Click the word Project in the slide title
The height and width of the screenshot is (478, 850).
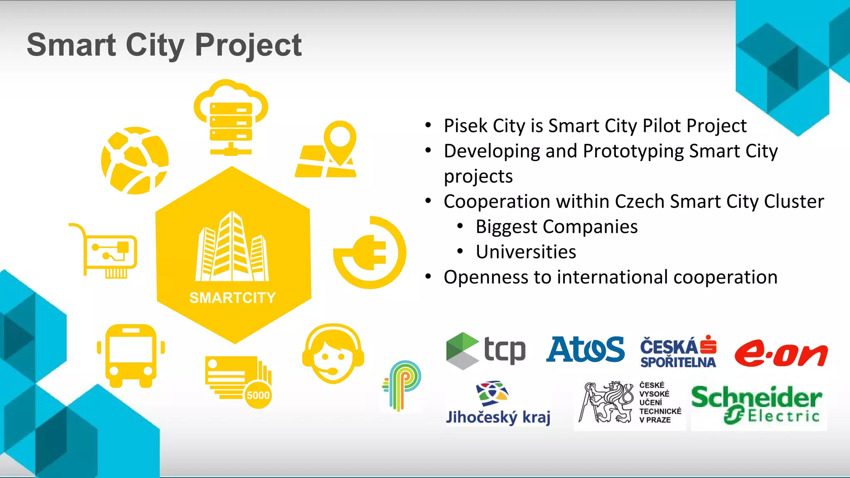coord(248,45)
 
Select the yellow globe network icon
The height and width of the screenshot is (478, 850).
coord(135,160)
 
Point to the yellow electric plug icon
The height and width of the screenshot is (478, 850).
coord(369,252)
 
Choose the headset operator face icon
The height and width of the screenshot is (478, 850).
coord(333,354)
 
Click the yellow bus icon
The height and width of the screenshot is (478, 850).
coord(131,356)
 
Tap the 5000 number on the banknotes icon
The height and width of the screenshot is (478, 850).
coord(258,395)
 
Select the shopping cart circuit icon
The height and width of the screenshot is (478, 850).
coord(106,251)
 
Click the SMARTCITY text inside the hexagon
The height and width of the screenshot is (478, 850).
coord(232,298)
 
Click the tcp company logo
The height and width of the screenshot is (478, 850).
coord(486,351)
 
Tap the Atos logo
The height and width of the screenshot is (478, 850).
coord(585,349)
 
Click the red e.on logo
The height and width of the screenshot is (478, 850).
coord(780,354)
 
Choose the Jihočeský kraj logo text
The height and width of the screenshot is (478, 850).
coord(498,417)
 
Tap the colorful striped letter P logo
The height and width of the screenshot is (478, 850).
coord(402,385)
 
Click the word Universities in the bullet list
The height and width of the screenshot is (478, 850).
coord(526,252)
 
